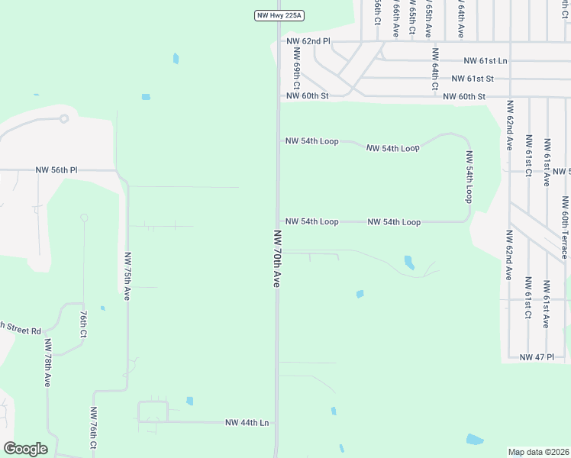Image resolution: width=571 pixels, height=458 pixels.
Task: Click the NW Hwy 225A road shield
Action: tap(279, 15)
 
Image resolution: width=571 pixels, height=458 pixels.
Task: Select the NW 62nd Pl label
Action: tap(308, 41)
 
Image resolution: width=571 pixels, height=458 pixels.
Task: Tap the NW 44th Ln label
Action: tap(247, 422)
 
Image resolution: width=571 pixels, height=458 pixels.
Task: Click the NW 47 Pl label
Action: tap(536, 356)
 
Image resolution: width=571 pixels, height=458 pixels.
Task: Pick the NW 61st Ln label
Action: tap(486, 60)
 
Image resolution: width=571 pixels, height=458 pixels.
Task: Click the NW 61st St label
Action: tap(473, 79)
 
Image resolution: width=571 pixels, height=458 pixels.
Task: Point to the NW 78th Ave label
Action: tap(47, 363)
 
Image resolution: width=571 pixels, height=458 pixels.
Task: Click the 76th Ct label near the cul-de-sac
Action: tap(83, 324)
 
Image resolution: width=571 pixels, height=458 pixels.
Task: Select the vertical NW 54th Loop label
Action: tap(469, 176)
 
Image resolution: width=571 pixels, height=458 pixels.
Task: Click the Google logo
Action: tap(25, 449)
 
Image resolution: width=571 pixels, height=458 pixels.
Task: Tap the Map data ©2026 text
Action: tap(538, 452)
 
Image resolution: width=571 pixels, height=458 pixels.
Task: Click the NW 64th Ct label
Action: tap(435, 69)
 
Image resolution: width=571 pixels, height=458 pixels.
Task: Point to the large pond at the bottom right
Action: tap(474, 440)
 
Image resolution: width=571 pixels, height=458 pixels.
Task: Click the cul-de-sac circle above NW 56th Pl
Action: tap(64, 118)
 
